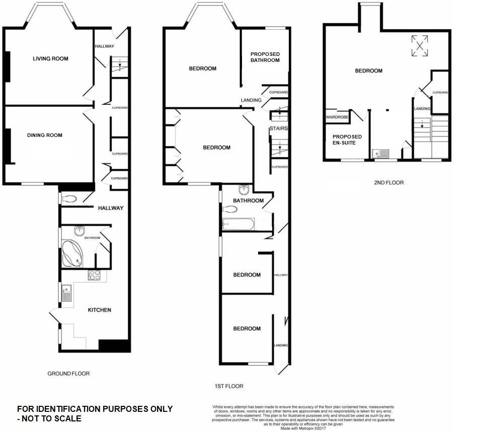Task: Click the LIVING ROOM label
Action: pyautogui.click(x=50, y=59)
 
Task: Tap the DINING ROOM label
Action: pyautogui.click(x=45, y=135)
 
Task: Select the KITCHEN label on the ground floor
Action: pyautogui.click(x=100, y=310)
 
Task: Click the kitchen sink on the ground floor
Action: pyautogui.click(x=66, y=293)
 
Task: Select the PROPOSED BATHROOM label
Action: pyautogui.click(x=265, y=57)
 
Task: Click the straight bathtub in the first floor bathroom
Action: pyautogui.click(x=238, y=224)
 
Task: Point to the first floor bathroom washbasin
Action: pyautogui.click(x=244, y=190)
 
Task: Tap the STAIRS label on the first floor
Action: pyautogui.click(x=278, y=129)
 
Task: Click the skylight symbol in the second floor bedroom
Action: pyautogui.click(x=420, y=46)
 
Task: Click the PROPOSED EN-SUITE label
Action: pyautogui.click(x=347, y=140)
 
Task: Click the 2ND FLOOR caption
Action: pyautogui.click(x=388, y=183)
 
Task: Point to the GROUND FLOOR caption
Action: pyautogui.click(x=68, y=374)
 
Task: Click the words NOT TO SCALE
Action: pyautogui.click(x=52, y=418)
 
